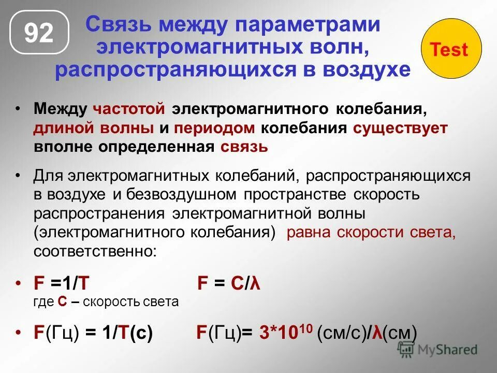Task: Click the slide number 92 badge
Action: coord(39,34)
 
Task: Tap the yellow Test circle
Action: coord(449,50)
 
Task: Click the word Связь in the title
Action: coord(120,24)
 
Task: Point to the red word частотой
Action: coord(129,109)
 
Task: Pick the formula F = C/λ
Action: coord(229,284)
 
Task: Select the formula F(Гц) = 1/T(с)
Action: coord(93,333)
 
